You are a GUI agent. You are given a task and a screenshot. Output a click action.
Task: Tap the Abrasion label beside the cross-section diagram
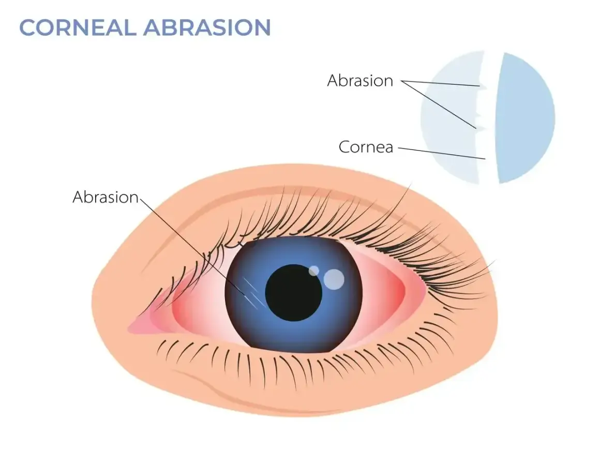[360, 81]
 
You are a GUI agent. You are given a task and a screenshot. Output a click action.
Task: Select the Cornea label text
[366, 147]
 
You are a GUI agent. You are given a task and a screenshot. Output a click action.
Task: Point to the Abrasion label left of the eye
[106, 197]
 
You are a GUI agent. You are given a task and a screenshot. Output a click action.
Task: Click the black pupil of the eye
[293, 293]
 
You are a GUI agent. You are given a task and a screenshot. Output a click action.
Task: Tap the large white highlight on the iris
[334, 279]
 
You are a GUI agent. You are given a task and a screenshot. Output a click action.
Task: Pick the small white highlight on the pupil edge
[314, 271]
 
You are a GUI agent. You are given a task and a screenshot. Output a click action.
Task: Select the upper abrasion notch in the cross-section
[483, 87]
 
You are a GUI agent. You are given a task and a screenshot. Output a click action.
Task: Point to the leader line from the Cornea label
[442, 153]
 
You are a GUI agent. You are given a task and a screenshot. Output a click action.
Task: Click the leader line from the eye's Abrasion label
[192, 246]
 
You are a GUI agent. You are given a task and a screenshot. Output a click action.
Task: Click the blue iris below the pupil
[293, 335]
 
